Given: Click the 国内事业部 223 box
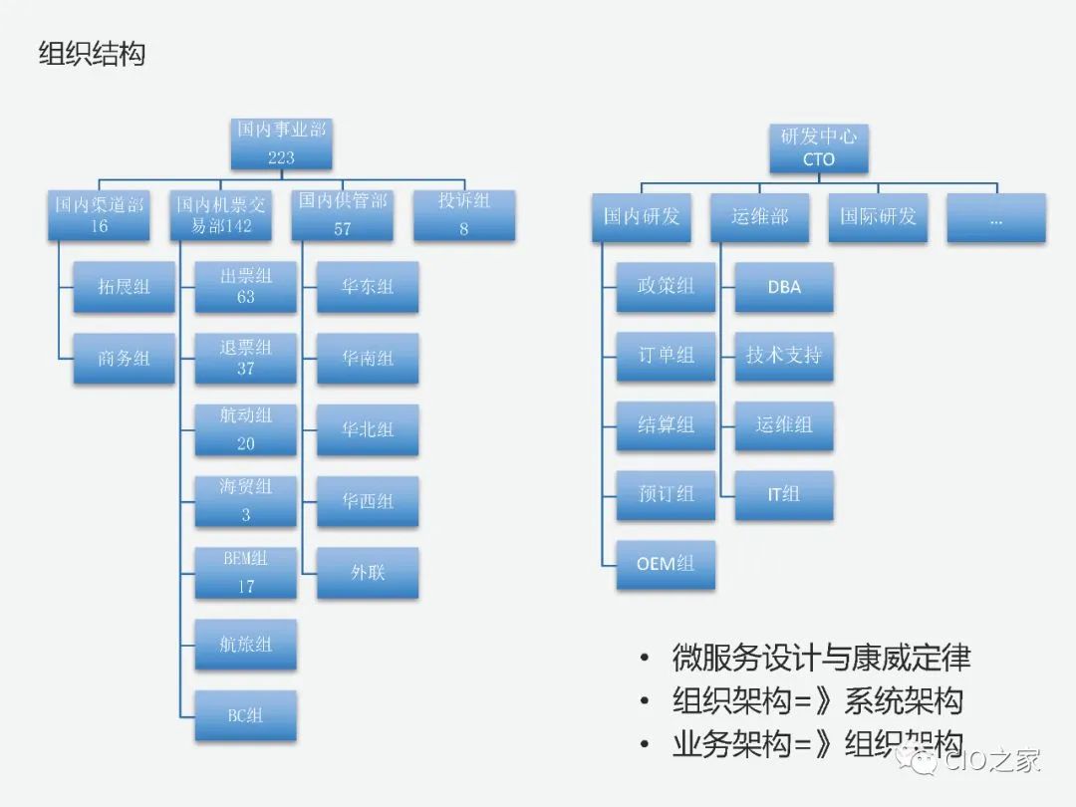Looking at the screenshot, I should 281,142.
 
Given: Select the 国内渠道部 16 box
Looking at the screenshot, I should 99,214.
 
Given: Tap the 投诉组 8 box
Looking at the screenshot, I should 464,214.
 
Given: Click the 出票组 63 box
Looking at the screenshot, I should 245,287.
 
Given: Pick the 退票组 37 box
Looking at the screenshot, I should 245,358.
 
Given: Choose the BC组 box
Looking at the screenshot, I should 245,715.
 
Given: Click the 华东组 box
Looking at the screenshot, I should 368,287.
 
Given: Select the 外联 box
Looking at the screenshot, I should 368,573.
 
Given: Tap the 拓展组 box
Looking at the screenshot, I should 124,287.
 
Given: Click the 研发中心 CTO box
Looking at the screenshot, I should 818,147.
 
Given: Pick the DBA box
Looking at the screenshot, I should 784,287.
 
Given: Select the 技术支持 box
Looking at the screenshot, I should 784,356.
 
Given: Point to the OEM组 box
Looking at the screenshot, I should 666,564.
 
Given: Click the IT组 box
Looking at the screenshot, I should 784,494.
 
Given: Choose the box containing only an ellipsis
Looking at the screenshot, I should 996,217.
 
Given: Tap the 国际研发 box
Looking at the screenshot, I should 878,217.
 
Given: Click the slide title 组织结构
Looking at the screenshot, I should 92,54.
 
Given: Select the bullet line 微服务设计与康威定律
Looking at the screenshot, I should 821,658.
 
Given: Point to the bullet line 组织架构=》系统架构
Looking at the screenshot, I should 817,701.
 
